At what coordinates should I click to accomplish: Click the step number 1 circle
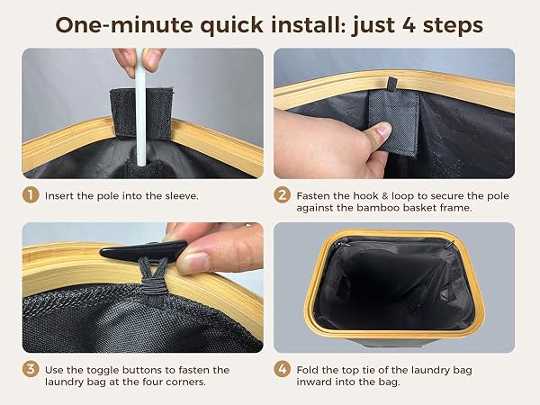31,195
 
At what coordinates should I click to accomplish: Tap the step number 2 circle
283,195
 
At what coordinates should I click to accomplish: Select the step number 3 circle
31,369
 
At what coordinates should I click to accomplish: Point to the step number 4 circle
283,369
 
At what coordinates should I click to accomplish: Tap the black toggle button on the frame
143,250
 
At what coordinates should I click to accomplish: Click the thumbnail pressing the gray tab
383,130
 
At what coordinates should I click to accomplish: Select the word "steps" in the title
453,25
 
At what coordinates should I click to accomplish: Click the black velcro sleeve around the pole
141,113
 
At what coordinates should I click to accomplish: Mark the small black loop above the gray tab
391,85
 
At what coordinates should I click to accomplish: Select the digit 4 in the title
409,25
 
